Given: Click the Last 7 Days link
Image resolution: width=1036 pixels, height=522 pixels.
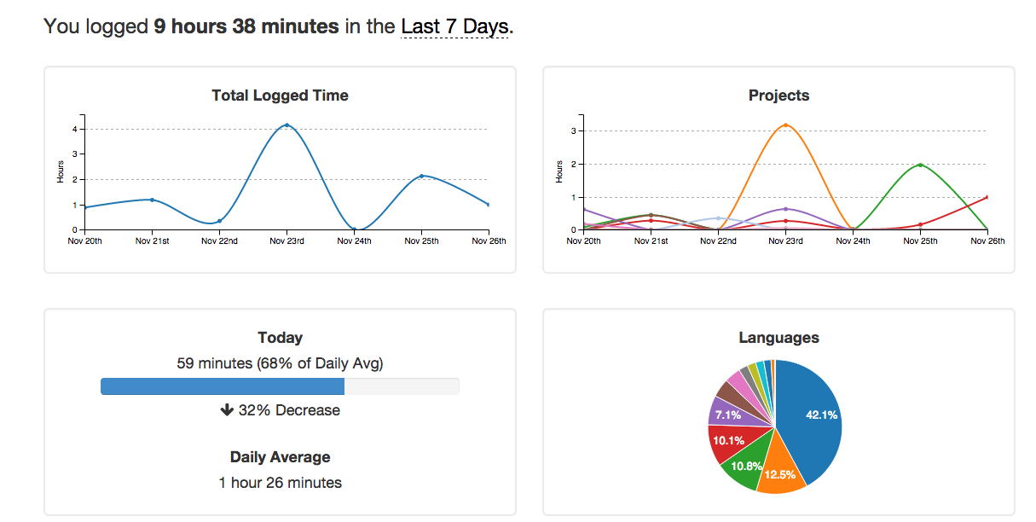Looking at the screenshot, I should coord(456,26).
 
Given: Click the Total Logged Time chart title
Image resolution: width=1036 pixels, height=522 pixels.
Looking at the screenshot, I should coord(280,96).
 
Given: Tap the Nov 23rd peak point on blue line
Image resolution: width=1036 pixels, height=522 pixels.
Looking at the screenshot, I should coord(286,125).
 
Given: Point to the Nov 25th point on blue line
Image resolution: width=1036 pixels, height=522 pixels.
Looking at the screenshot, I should coord(421,176).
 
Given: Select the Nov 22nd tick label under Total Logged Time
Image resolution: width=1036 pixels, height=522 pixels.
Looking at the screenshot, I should coord(219,241).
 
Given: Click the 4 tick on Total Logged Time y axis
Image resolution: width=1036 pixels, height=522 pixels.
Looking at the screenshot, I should coord(75,130).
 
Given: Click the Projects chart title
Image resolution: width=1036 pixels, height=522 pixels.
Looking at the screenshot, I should coord(778,96).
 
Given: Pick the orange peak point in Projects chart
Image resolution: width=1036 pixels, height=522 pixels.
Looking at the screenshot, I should coord(785,125).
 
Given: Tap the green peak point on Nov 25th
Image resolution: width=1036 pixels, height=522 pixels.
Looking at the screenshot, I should coord(920,165).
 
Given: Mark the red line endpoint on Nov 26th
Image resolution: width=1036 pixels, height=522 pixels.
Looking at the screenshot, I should coord(987,197).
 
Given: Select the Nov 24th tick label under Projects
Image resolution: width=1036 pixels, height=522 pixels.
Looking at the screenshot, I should coord(853,241).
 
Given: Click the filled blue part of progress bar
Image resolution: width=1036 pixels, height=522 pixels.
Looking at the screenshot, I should coord(222,386).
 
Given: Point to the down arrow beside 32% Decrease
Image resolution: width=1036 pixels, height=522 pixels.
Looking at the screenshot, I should coord(227,410).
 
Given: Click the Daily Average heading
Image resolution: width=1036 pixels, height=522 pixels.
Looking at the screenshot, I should coord(280,457).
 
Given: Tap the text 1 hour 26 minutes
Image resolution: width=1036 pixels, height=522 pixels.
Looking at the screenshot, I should coord(280,483).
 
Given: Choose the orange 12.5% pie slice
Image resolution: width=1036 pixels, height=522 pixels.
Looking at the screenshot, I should coord(779,472).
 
